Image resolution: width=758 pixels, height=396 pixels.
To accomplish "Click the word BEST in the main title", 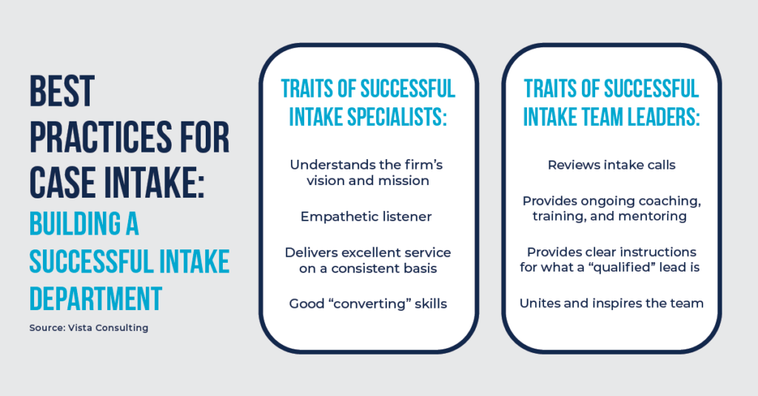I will coord(62,93).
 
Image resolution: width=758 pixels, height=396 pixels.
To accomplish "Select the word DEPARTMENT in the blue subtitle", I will coord(95,298).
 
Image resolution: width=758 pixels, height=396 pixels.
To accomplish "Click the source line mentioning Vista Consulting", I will coord(89,327).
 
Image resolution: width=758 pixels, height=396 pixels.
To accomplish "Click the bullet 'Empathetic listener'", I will coord(366,217).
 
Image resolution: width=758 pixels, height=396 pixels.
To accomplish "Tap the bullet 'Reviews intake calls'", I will coord(611,165).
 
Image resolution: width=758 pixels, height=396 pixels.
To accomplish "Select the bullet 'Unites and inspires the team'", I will coord(611,303).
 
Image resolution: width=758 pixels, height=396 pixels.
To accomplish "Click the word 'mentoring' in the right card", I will coord(658,216).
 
